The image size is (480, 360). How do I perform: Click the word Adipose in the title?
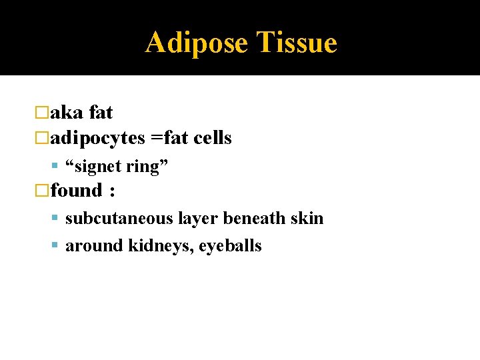pos(197,43)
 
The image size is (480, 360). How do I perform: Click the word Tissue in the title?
pos(297,43)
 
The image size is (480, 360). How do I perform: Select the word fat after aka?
pos(101,113)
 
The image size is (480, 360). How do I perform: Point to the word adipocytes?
pos(97,139)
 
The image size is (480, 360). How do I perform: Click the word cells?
pos(213,138)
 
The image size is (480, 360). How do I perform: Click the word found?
pos(75,191)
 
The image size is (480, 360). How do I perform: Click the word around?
pos(94,246)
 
